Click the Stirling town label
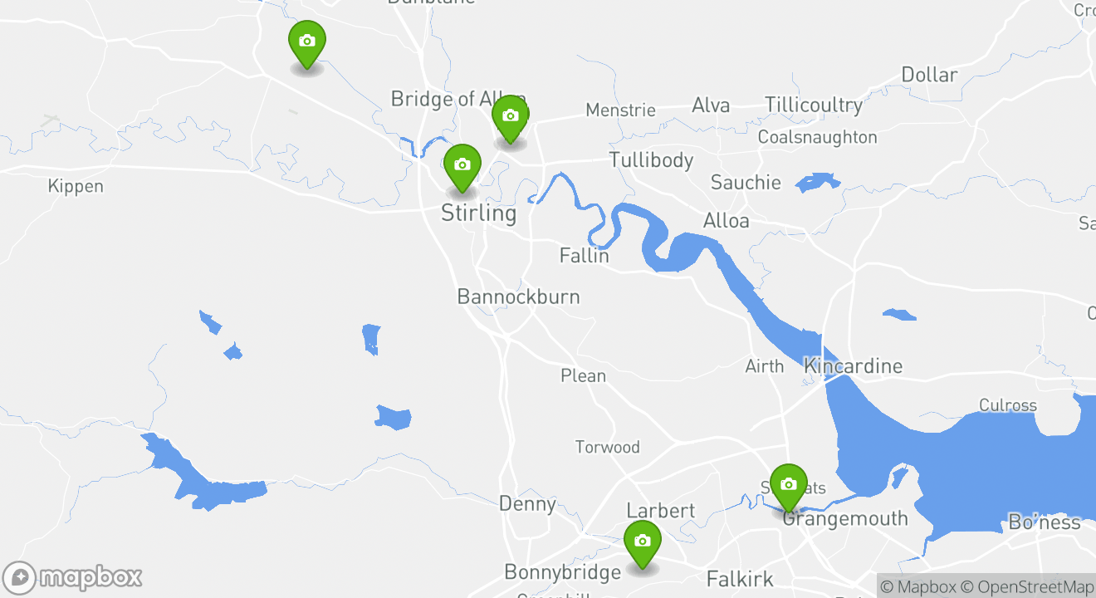point(478,213)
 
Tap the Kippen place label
point(76,186)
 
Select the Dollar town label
point(929,75)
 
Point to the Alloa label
point(726,221)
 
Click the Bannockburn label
point(518,297)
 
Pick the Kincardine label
point(853,365)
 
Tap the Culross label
point(1007,405)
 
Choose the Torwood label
point(608,447)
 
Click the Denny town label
point(527,503)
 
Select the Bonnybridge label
point(562,572)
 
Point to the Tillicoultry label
point(814,105)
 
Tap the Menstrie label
point(620,110)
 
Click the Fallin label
point(584,256)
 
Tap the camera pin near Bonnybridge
point(642,542)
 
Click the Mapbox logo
point(73,577)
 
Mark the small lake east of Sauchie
point(817,182)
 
